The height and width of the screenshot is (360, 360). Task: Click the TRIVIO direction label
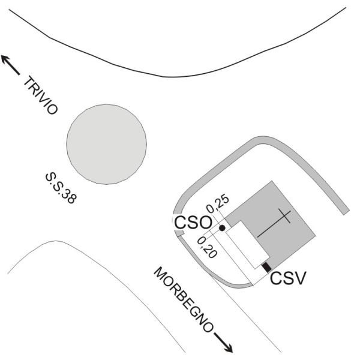(41, 95)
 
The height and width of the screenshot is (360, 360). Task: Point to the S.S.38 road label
(60, 187)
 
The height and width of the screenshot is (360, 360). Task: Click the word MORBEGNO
(184, 299)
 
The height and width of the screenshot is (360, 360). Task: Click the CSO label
(193, 223)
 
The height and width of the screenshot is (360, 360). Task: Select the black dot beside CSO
(222, 228)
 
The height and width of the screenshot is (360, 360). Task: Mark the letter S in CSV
(288, 278)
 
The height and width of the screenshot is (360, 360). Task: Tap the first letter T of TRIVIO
(28, 81)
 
